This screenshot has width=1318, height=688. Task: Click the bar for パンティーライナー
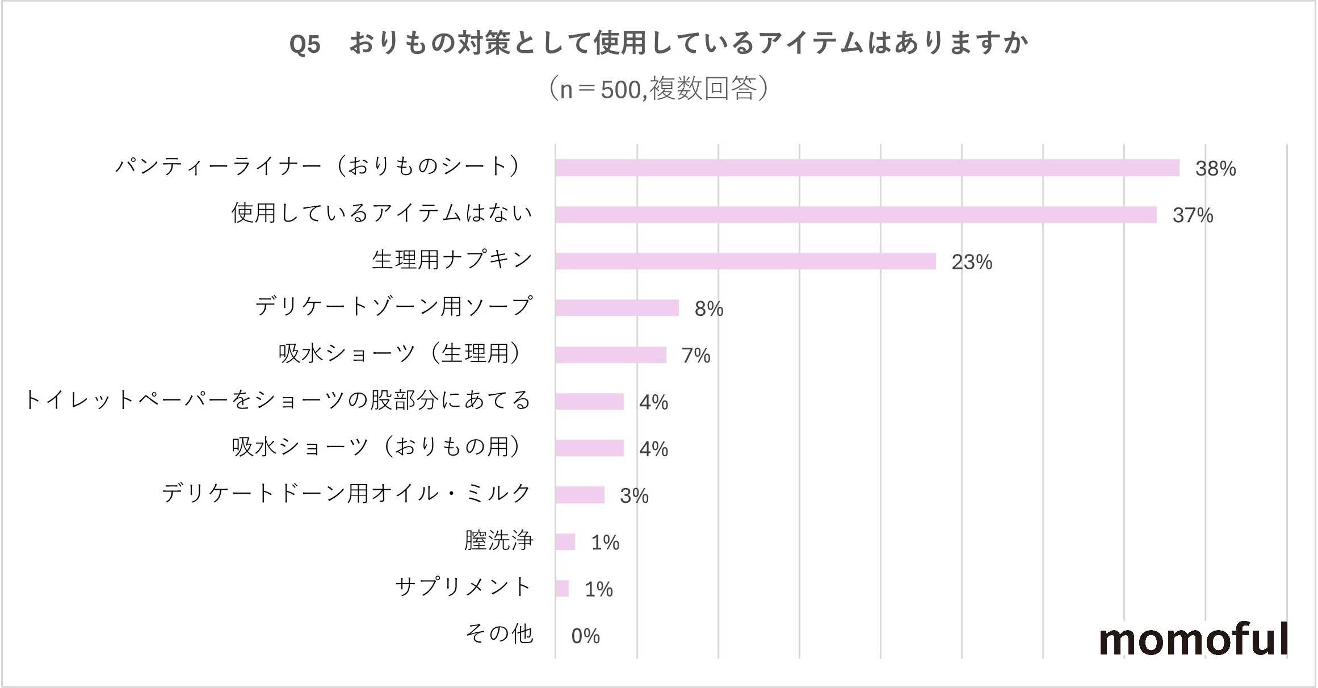(x=867, y=168)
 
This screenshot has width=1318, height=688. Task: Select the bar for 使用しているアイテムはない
(x=855, y=215)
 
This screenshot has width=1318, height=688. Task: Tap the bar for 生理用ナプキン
(x=745, y=261)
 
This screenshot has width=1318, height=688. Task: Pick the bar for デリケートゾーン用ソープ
(x=617, y=308)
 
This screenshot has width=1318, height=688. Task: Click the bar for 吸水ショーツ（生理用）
(x=611, y=355)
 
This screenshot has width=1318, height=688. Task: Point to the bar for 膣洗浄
(x=565, y=542)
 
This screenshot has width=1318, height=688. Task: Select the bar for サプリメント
(x=562, y=589)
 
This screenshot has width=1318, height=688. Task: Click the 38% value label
(x=1215, y=169)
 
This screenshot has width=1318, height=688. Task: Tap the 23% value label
(x=972, y=262)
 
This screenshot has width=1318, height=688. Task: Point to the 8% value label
(x=709, y=309)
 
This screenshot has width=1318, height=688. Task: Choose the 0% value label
(x=585, y=636)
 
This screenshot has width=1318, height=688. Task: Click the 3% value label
(x=634, y=496)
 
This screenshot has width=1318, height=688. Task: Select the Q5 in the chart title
(x=305, y=44)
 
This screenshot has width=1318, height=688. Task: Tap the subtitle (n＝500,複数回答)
(x=658, y=89)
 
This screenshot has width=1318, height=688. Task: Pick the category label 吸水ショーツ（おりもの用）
(x=377, y=447)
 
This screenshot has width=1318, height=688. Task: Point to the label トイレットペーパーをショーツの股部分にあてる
(x=278, y=401)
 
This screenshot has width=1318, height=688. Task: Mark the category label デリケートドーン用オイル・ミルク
(x=347, y=494)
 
